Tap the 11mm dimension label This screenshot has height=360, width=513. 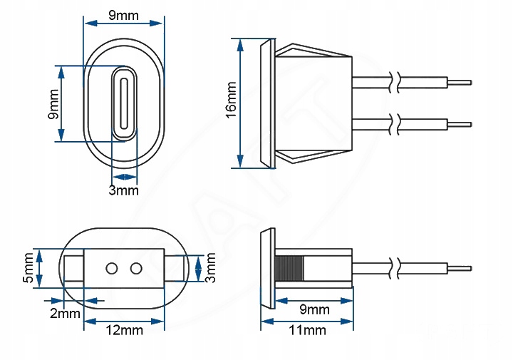[308, 330]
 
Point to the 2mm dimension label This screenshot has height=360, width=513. [64, 313]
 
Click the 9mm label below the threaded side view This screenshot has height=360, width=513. [313, 309]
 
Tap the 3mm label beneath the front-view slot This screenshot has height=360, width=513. [123, 190]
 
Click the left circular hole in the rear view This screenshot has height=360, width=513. [112, 268]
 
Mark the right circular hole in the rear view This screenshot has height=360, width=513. [135, 268]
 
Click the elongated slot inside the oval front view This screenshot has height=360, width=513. [124, 103]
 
